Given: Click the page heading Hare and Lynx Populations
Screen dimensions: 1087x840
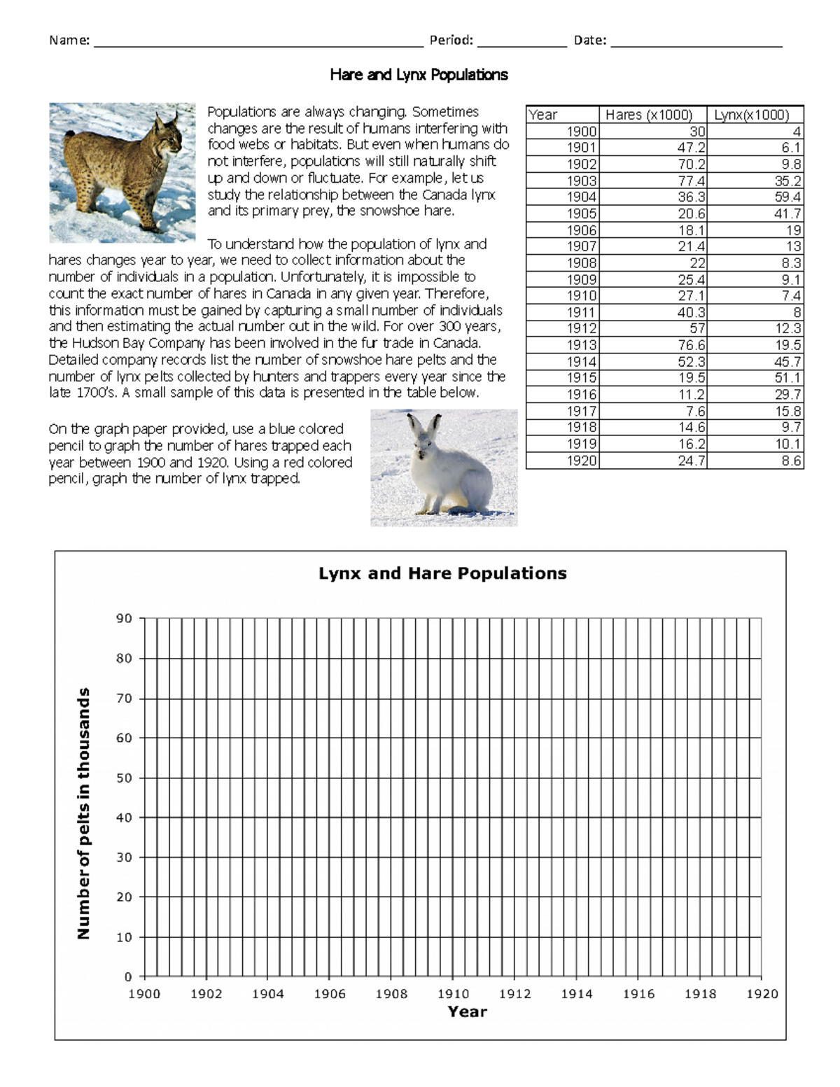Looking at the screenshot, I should pos(419,75).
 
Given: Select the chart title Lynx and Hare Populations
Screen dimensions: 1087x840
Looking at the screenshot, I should pos(442,574).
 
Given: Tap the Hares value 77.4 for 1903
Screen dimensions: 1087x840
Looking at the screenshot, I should pos(691,181).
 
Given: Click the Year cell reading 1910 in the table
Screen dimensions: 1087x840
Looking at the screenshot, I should pos(582,296).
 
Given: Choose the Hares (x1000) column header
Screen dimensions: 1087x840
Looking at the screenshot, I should pos(649,115).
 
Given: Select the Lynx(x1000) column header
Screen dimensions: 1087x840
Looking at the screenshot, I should pos(752,115).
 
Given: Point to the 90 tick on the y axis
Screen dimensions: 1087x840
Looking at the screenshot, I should pos(124,619).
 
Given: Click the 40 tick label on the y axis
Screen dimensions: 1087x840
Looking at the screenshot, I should pos(124,818).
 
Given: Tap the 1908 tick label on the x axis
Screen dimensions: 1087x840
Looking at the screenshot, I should pos(391,994).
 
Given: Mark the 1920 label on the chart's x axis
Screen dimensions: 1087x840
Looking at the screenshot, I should pos(762,994).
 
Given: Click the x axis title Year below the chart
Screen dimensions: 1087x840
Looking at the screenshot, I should pos(467,1012).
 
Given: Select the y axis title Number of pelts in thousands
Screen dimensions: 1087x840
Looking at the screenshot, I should pos(84,813).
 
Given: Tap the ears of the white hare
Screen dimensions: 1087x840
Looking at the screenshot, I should pos(424,425).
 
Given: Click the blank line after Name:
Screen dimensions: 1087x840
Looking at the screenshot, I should pos(258,42).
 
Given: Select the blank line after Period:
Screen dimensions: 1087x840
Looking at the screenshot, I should pos(521,42).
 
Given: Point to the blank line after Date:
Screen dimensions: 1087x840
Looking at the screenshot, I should pos(696,42).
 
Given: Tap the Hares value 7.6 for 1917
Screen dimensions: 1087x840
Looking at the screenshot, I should pos(695,411).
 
